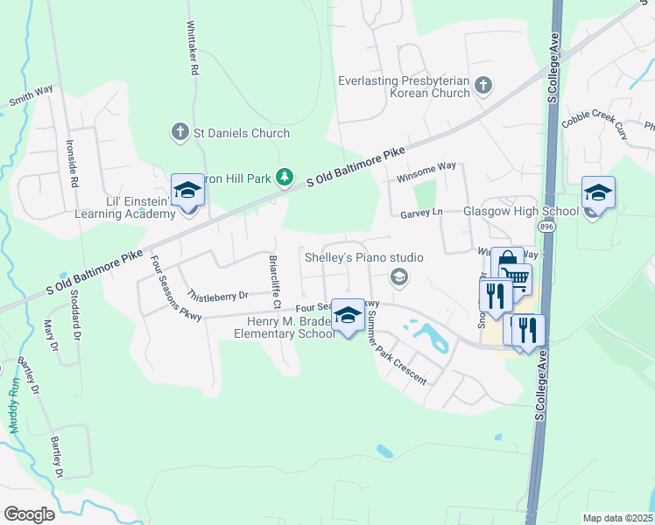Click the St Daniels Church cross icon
click(180, 133)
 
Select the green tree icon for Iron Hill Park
click(284, 178)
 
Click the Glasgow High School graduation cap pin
click(598, 193)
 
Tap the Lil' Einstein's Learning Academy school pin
click(187, 190)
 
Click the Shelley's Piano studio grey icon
click(399, 277)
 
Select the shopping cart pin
click(516, 279)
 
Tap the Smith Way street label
click(32, 95)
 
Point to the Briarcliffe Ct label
click(275, 281)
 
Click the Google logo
click(29, 514)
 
